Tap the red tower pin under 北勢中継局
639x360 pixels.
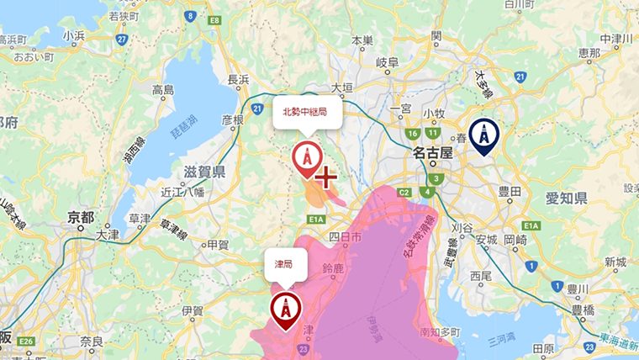tap(306, 157)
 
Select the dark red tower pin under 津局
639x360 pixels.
tap(285, 309)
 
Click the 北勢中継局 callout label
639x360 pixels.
tap(307, 112)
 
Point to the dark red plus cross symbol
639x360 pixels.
tap(325, 177)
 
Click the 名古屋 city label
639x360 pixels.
tap(433, 155)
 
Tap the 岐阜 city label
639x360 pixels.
tap(387, 62)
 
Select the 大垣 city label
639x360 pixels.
tap(342, 87)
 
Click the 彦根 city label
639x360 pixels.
tap(232, 120)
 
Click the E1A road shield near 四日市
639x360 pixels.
tap(317, 219)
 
